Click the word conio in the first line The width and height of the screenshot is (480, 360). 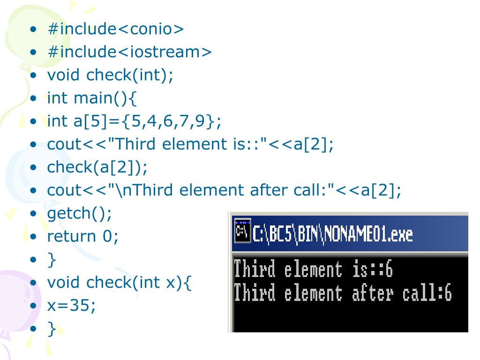point(150,29)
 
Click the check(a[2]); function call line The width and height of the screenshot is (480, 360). point(97,167)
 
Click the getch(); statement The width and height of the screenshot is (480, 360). point(80,213)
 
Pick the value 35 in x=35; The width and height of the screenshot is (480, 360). point(82,306)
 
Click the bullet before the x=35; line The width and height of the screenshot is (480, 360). point(33,306)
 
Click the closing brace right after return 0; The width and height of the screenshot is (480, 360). point(52,260)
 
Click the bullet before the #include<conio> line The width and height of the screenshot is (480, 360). point(33,30)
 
